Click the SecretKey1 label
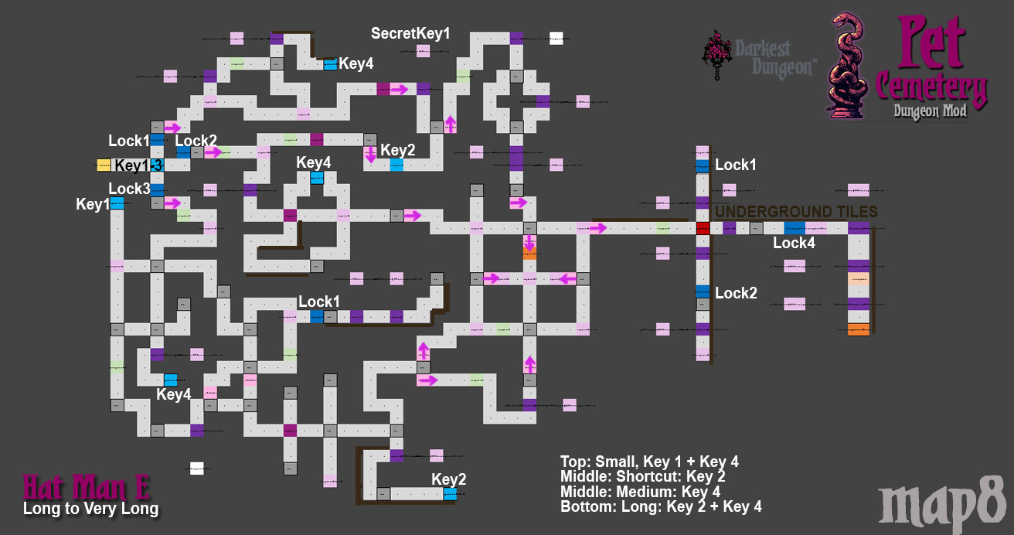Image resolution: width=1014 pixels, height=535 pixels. [x=410, y=33]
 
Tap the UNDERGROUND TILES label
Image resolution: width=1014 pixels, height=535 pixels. [x=796, y=212]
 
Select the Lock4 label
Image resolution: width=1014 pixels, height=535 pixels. [x=794, y=244]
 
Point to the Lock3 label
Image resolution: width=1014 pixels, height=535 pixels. [x=129, y=189]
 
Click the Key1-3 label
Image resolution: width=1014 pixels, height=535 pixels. [x=138, y=165]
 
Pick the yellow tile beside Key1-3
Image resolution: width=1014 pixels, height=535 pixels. [x=104, y=165]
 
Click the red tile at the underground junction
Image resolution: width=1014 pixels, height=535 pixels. [x=703, y=228]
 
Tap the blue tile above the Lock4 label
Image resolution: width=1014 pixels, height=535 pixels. [x=795, y=228]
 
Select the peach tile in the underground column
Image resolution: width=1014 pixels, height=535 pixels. [x=859, y=279]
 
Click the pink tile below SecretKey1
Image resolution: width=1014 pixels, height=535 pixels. [x=423, y=51]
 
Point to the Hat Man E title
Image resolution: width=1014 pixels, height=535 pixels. [x=87, y=487]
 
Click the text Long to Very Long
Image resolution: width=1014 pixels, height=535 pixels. [x=90, y=509]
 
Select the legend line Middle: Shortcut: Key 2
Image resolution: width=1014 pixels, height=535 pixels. [x=643, y=476]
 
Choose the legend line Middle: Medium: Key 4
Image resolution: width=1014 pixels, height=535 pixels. [x=640, y=492]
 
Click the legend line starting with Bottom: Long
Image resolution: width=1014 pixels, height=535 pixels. [x=661, y=506]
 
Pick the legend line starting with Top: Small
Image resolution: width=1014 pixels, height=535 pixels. [x=649, y=462]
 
